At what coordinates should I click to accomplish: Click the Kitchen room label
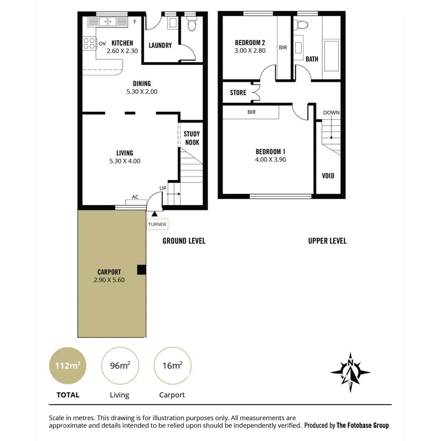click(x=122, y=43)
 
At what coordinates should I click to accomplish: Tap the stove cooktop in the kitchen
click(x=89, y=43)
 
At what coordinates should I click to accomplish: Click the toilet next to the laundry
click(x=191, y=25)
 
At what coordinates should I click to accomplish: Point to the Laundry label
click(x=160, y=45)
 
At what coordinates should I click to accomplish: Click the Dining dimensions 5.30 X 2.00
click(x=142, y=92)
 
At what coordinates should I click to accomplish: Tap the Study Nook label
click(x=192, y=138)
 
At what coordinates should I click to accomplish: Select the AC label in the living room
click(x=135, y=197)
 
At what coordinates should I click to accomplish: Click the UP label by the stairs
click(x=163, y=188)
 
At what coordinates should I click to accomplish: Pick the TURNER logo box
click(x=157, y=224)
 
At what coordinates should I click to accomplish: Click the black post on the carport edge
click(x=141, y=269)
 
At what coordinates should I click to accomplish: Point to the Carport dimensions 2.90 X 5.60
click(x=109, y=280)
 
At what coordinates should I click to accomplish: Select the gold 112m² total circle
click(x=68, y=366)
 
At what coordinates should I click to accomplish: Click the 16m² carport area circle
click(x=172, y=366)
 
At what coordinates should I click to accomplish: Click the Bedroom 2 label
click(x=250, y=42)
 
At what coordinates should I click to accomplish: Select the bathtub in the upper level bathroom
click(x=331, y=60)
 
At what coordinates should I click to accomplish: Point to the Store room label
click(x=238, y=93)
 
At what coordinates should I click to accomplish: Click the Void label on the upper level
click(x=328, y=176)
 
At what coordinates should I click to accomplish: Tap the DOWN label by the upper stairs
click(x=331, y=113)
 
